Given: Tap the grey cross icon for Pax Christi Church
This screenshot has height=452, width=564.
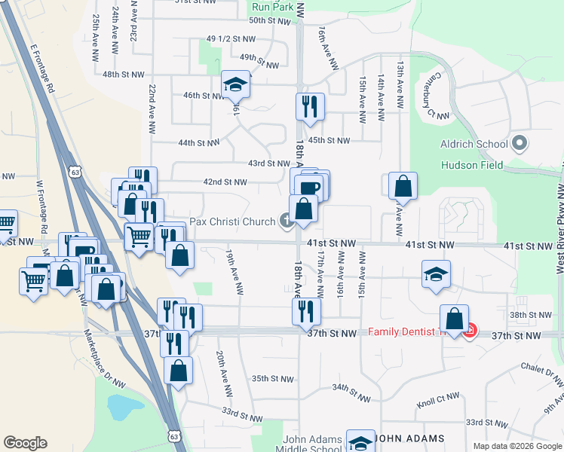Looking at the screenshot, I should [x=287, y=221].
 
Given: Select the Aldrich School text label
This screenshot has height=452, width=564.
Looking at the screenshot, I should [x=474, y=144].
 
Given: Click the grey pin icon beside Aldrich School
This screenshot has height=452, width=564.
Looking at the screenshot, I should [x=519, y=143].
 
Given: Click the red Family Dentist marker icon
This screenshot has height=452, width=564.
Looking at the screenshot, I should [x=470, y=331].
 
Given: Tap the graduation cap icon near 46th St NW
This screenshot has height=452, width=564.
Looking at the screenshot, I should [x=236, y=84].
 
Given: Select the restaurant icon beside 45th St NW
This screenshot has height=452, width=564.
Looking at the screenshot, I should [x=309, y=107].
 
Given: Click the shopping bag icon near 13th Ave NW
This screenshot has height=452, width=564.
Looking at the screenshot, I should [x=403, y=187].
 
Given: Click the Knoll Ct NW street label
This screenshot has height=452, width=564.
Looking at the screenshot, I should [x=438, y=400].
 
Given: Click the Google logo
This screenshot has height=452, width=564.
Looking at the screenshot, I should [x=25, y=443].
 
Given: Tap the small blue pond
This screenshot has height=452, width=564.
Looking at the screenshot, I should [x=119, y=408].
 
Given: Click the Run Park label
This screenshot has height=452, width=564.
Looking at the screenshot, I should [x=271, y=6].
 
